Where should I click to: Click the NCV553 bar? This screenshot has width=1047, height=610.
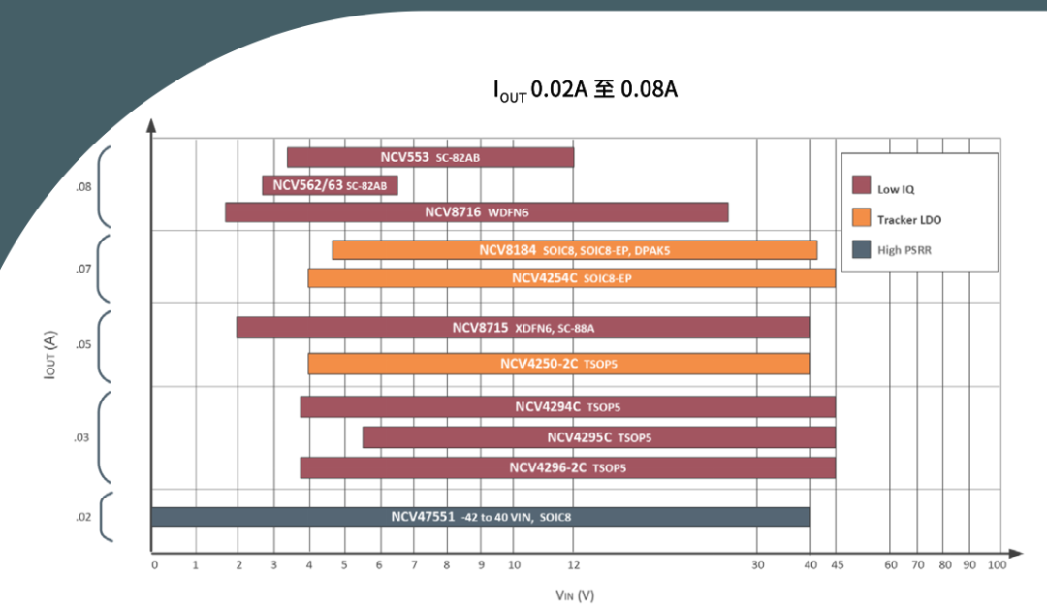click(x=430, y=157)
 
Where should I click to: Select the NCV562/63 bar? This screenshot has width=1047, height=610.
click(x=330, y=185)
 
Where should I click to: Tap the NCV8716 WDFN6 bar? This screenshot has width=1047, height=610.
click(x=476, y=212)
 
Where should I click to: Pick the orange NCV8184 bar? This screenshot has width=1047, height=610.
click(x=574, y=250)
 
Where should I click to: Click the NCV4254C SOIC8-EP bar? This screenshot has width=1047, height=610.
click(x=571, y=278)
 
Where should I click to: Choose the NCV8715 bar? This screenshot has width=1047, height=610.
click(x=523, y=328)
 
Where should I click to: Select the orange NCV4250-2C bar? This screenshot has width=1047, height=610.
click(x=558, y=364)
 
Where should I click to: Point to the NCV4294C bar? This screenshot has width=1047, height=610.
click(x=567, y=407)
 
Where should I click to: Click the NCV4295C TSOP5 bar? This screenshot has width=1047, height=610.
click(x=598, y=437)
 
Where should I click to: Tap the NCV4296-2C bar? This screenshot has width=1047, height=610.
click(x=567, y=467)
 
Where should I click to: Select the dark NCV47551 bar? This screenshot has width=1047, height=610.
click(x=480, y=517)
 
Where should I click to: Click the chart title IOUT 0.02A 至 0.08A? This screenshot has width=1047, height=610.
click(x=585, y=90)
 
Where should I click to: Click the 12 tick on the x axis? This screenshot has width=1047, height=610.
click(x=574, y=565)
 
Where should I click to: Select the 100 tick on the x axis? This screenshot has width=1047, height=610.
click(x=996, y=565)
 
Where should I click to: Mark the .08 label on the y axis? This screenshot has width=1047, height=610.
click(x=84, y=186)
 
